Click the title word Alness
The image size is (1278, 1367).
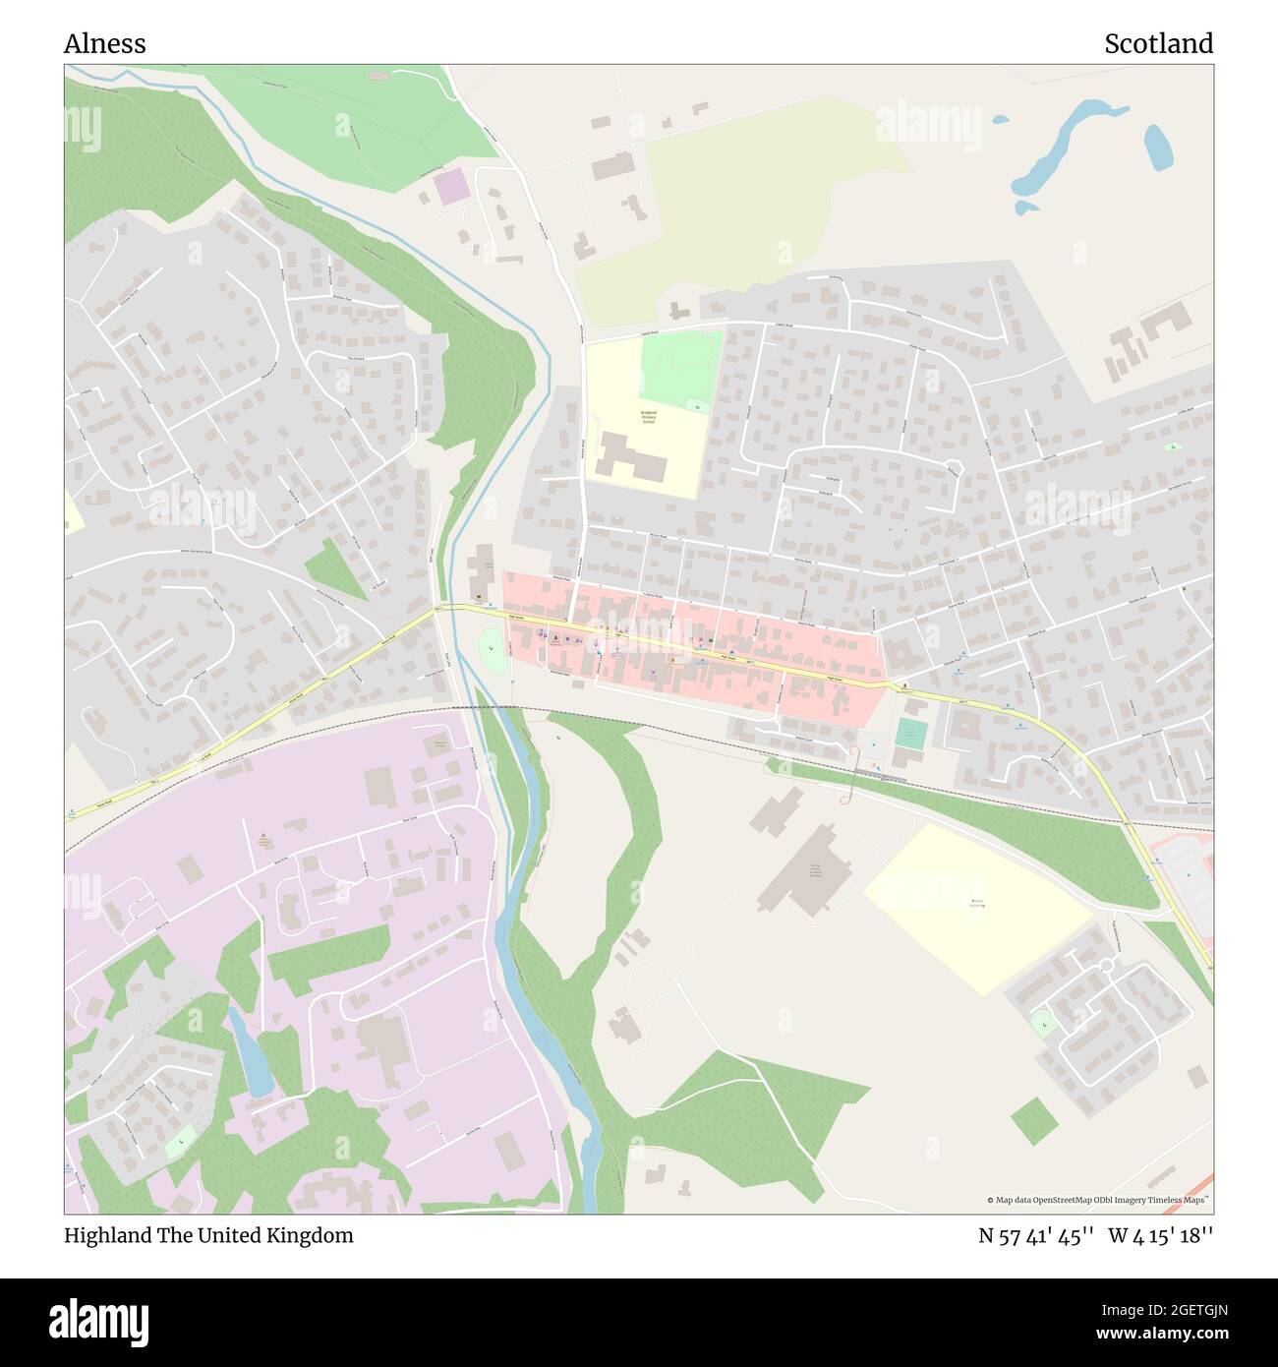[x=105, y=44]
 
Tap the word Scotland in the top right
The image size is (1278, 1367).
[x=1158, y=44]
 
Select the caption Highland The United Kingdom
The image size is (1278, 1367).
[x=208, y=1235]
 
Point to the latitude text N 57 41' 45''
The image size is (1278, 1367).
[x=1036, y=1235]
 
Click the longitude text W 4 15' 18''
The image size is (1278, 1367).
[x=1161, y=1235]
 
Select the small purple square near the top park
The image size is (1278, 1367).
[x=451, y=187]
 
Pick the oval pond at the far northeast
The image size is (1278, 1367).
[x=1157, y=148]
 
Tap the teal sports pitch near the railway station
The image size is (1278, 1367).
[x=911, y=733]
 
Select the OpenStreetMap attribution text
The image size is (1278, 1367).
[x=1099, y=1200]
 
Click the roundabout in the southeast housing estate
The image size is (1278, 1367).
[x=1106, y=966]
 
